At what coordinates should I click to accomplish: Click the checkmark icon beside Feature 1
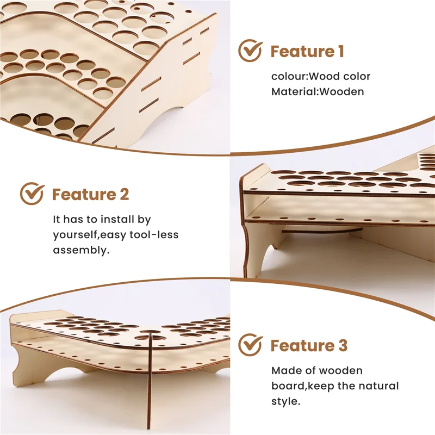point(250,52)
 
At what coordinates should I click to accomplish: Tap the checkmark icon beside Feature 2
point(32,194)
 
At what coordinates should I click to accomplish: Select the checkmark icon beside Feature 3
point(250,345)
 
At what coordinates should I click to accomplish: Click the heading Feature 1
point(307,52)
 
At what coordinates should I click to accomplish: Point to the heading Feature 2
point(91,194)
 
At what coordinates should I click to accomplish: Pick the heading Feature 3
point(309,345)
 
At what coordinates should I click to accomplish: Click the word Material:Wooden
point(318,91)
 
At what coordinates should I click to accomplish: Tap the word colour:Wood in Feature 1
point(298,76)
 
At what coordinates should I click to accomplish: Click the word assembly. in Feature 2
point(81,250)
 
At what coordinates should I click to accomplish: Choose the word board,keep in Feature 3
point(302,386)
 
